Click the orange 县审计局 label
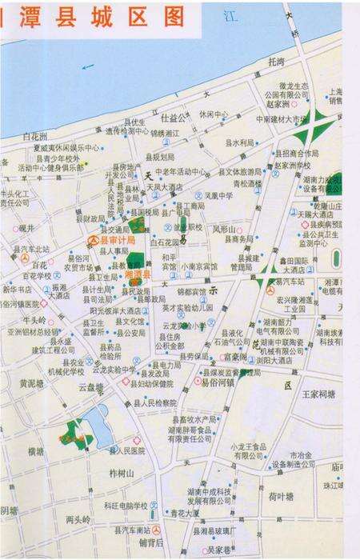[116, 239]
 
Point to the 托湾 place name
[277, 62]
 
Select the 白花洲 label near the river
[35, 135]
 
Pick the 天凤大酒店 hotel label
[166, 186]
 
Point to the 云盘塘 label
[90, 386]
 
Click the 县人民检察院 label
[149, 403]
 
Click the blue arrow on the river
[88, 66]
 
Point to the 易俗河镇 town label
[217, 382]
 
